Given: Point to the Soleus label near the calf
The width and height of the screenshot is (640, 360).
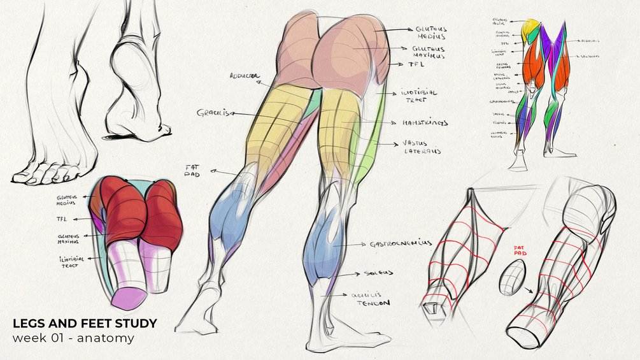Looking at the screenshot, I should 378,273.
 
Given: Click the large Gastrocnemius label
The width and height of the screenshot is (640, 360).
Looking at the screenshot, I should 401,243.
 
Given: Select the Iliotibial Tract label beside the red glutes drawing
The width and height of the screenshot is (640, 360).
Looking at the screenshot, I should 69,261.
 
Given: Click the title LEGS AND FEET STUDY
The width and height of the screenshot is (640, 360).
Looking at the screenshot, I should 84,324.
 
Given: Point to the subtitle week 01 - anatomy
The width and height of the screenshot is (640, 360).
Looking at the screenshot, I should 73,338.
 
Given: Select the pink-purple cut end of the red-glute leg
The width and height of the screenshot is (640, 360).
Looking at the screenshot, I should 130,297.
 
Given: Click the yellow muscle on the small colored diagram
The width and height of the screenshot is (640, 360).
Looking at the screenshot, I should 530,29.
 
